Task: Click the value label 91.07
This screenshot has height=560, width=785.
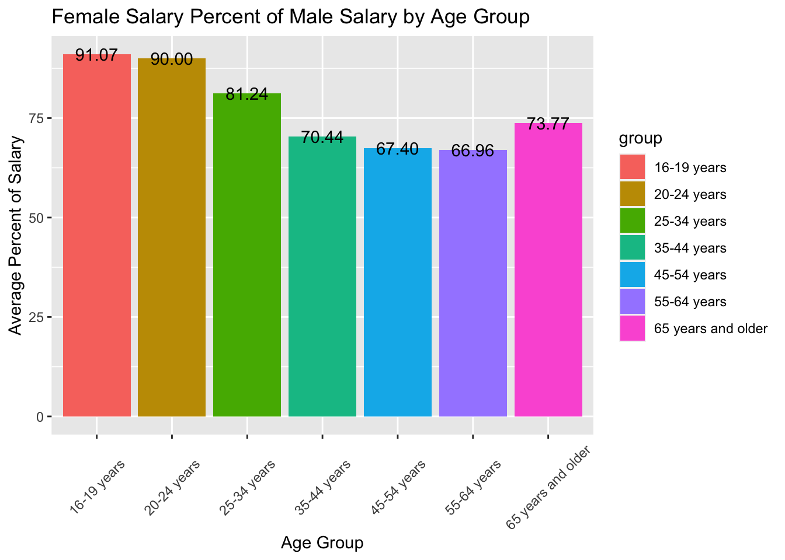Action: [x=96, y=56]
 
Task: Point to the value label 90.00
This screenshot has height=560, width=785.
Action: [x=172, y=60]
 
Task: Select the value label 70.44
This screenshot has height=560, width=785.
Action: [x=322, y=138]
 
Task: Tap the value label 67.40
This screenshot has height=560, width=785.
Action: [x=397, y=149]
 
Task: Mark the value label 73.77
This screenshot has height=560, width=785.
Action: [x=548, y=124]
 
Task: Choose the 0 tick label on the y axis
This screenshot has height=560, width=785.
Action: [x=40, y=417]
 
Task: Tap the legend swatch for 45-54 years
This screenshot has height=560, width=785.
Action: [x=632, y=275]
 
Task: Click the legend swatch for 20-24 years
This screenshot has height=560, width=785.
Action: [x=632, y=195]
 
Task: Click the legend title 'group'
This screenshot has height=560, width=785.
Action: [x=640, y=138]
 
